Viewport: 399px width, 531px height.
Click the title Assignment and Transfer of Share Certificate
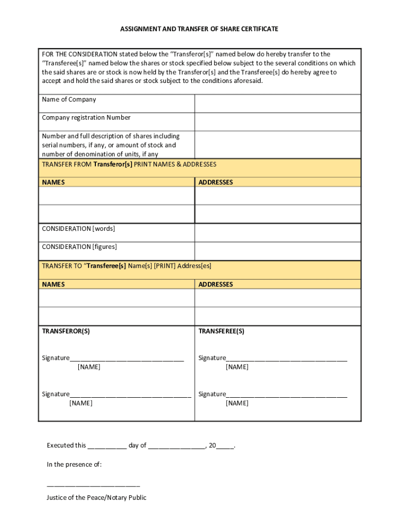point(199,29)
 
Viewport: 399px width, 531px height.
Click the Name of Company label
point(69,100)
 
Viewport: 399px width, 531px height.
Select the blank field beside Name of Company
point(277,104)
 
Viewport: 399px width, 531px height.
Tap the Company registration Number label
point(86,118)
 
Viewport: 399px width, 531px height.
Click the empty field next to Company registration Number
point(277,122)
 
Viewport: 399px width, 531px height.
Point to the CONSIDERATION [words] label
point(78,229)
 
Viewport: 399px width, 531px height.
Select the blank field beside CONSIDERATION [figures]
point(277,251)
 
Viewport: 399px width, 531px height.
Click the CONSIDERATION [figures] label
point(79,247)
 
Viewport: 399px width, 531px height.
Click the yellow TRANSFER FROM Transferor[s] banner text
point(129,164)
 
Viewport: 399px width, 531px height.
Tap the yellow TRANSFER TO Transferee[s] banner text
point(126,266)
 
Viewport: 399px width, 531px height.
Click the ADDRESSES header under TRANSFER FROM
point(216,183)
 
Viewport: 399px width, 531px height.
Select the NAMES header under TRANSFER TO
point(53,285)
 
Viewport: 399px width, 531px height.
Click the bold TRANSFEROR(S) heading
point(66,331)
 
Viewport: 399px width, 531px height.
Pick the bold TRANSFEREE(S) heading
point(221,331)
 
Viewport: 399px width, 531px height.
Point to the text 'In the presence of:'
point(74,465)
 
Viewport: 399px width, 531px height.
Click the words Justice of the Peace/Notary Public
point(96,498)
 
